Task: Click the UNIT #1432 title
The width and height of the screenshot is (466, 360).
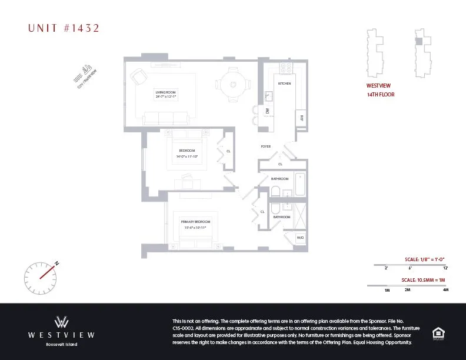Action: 64,28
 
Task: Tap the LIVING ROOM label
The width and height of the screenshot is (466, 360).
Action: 166,92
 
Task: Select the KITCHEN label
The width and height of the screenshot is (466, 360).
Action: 285,84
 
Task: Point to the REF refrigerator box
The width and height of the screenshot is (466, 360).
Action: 301,117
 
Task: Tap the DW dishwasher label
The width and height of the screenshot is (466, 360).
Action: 268,110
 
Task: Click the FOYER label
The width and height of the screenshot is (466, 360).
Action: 266,146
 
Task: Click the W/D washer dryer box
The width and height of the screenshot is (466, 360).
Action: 300,238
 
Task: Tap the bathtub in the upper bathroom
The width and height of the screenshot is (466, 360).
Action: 300,185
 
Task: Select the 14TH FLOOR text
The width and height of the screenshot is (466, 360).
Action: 381,95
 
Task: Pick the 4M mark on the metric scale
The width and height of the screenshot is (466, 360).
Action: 445,290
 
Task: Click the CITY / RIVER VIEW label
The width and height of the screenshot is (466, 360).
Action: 87,76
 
